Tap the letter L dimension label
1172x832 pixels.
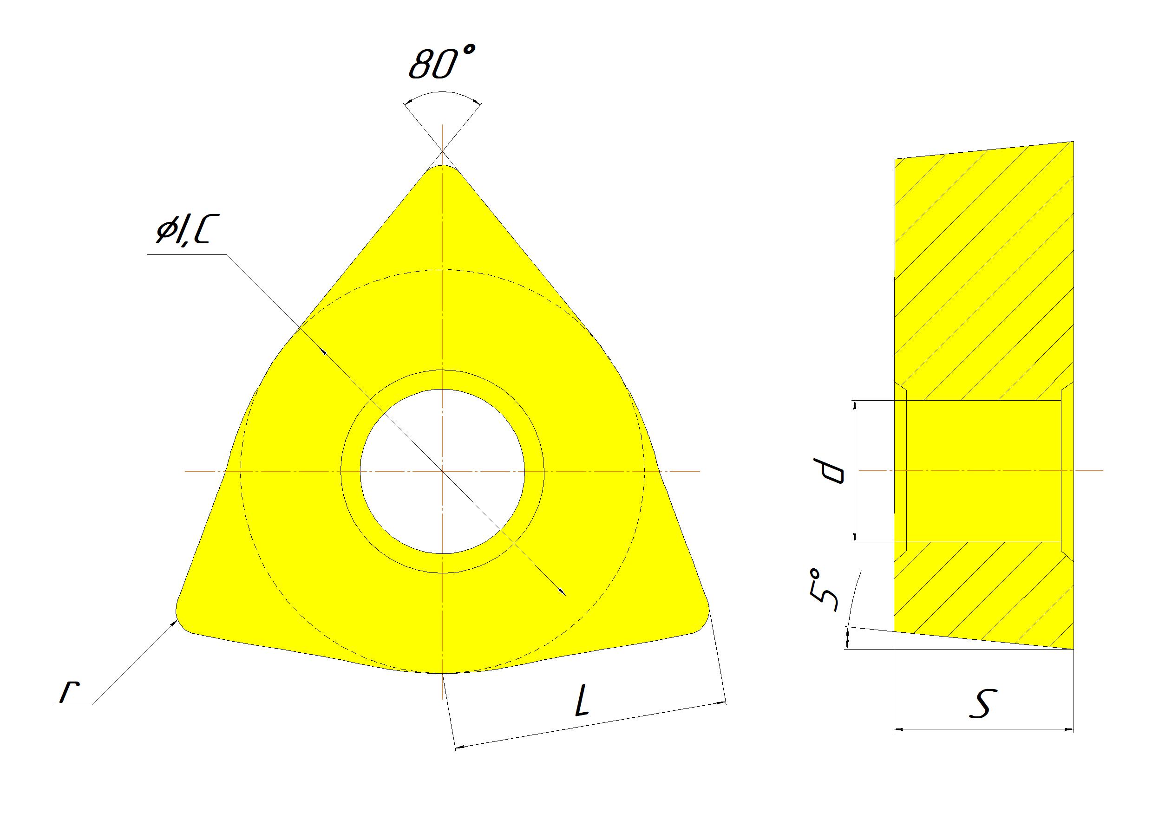coord(583,701)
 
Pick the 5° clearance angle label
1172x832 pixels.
coord(824,591)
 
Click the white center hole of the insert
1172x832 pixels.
coord(442,471)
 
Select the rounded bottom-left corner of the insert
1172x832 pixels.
coord(182,621)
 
